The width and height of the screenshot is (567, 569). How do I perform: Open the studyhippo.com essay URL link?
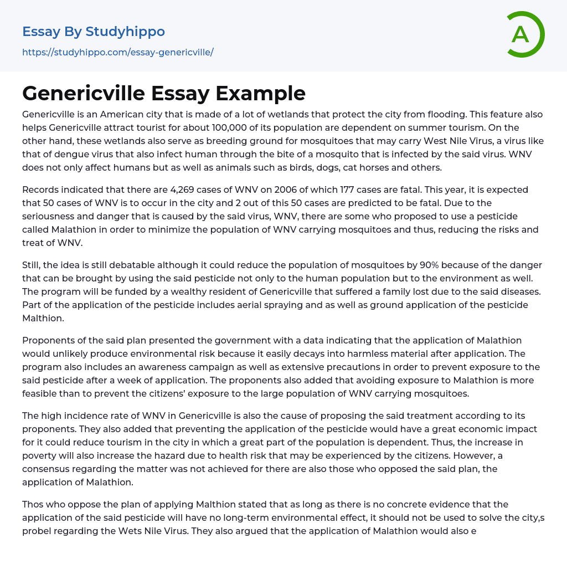117,53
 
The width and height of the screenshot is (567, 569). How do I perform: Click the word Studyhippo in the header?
125,32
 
